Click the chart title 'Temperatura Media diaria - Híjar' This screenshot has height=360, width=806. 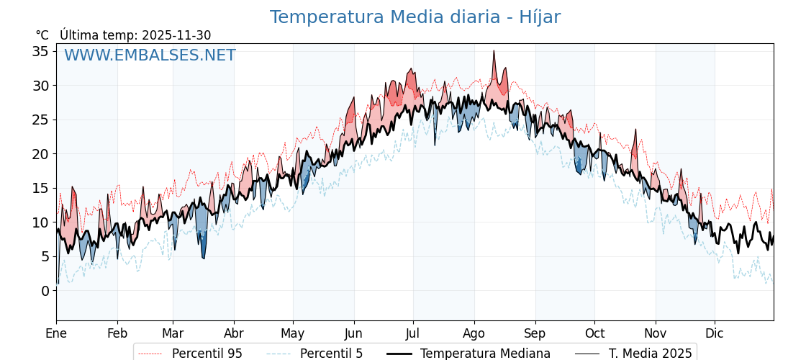pyautogui.click(x=415, y=17)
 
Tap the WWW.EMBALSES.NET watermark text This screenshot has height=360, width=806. pyautogui.click(x=150, y=55)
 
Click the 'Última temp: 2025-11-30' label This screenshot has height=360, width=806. pyautogui.click(x=135, y=35)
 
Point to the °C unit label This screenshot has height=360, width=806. pyautogui.click(x=42, y=35)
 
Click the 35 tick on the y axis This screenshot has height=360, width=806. pyautogui.click(x=40, y=51)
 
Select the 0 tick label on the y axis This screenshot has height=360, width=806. pyautogui.click(x=45, y=291)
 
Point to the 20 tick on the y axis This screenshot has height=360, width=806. pyautogui.click(x=40, y=154)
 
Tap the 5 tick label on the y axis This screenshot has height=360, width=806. pyautogui.click(x=45, y=256)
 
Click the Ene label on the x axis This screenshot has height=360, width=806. pyautogui.click(x=56, y=334)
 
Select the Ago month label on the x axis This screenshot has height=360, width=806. pyautogui.click(x=474, y=334)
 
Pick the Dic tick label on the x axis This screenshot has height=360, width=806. pyautogui.click(x=715, y=334)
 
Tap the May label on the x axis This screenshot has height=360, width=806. pyautogui.click(x=293, y=334)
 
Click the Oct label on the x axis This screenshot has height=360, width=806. pyautogui.click(x=594, y=334)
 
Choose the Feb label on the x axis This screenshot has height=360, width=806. pyautogui.click(x=117, y=334)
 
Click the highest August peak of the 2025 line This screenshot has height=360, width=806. pyautogui.click(x=494, y=51)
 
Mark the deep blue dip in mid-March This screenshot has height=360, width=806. pyautogui.click(x=204, y=256)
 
